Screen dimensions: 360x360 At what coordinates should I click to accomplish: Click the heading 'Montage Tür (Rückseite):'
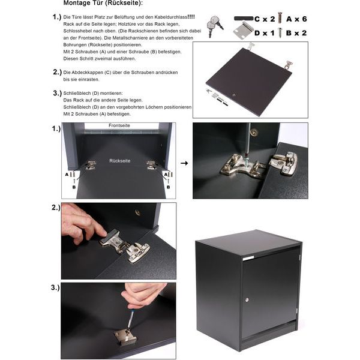pos(103,3)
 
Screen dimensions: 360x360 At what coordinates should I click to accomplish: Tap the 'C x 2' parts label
pos(265,19)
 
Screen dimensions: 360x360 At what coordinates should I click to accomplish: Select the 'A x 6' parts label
pos(296,19)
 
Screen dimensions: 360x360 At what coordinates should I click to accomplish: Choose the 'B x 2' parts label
pos(296,33)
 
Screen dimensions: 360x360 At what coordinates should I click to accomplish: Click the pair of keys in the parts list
pos(214,25)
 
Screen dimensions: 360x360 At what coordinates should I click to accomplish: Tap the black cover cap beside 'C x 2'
pos(244,19)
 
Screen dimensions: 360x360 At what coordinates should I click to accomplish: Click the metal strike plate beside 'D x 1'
pos(244,31)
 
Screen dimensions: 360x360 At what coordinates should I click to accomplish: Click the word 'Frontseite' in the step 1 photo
pos(119,125)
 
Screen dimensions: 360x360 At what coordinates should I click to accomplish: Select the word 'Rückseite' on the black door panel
pos(119,161)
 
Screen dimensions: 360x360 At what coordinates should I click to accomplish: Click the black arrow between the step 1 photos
pos(184,163)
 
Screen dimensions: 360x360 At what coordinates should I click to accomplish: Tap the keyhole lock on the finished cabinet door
pos(247,299)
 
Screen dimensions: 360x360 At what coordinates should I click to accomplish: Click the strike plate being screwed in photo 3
pos(125,337)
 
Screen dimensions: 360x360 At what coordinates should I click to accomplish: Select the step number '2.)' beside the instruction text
pos(57,73)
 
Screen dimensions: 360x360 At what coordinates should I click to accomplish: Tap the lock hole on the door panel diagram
pos(234,95)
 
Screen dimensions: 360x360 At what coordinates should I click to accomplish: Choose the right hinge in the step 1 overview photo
pos(152,165)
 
